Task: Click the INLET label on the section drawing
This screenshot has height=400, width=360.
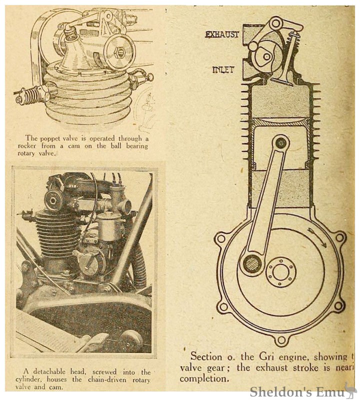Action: coord(222,69)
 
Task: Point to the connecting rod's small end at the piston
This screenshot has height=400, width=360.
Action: coord(281,143)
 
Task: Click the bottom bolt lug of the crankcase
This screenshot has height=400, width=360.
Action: coord(282,340)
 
